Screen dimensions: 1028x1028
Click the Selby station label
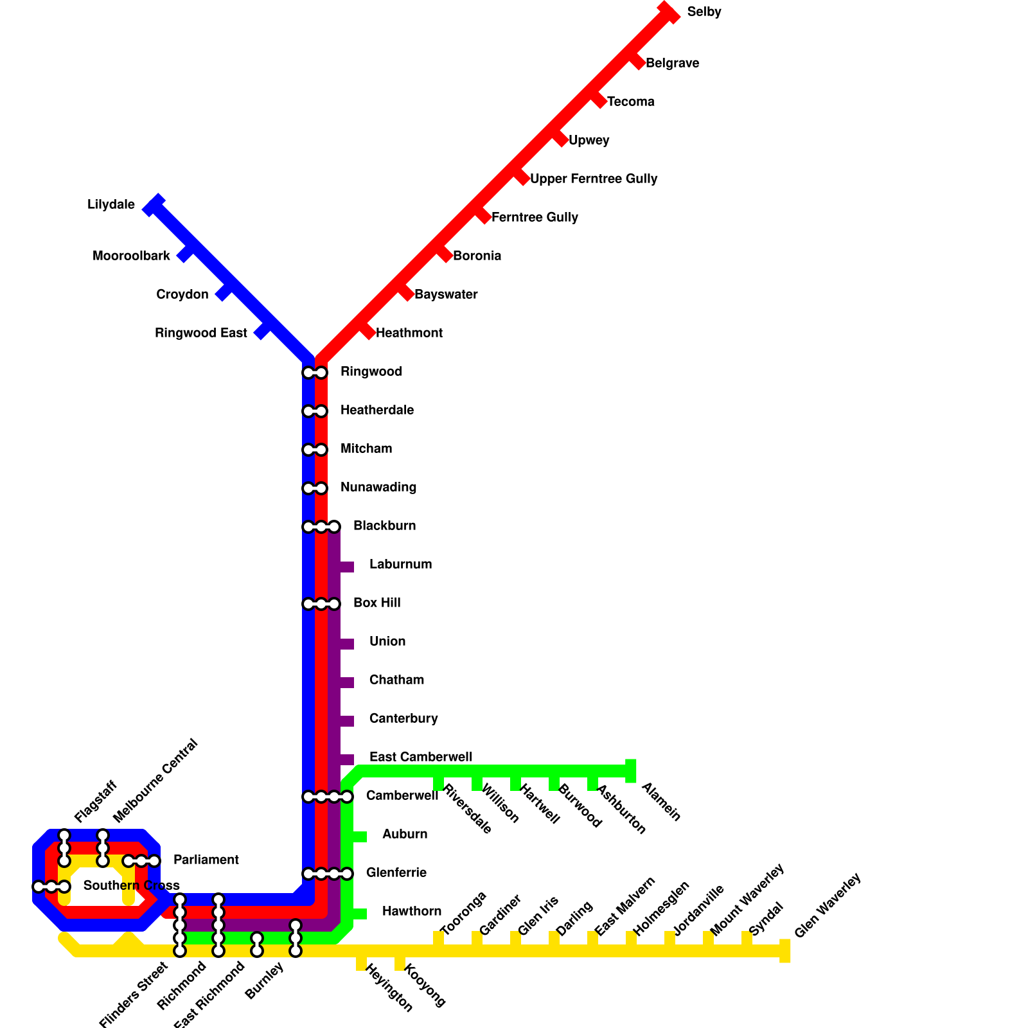pos(704,12)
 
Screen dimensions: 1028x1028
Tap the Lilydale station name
pos(111,205)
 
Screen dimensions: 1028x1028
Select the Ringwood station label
pos(371,372)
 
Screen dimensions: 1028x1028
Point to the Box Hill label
pos(377,603)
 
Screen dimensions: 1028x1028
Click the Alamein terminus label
pos(660,801)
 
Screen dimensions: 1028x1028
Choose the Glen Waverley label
pos(827,906)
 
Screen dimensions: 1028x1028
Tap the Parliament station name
pos(206,860)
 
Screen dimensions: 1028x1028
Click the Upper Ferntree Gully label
pos(593,179)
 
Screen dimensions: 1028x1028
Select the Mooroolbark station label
pos(131,256)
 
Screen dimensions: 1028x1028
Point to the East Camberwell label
pos(420,758)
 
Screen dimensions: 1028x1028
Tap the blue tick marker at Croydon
pos(223,293)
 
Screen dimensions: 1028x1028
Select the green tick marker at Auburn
pos(359,837)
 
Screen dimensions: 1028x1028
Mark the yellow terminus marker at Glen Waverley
pos(784,951)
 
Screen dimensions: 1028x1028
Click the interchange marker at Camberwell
pos(328,797)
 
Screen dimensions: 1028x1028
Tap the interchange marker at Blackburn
pos(321,527)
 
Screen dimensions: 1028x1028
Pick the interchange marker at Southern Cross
pos(51,887)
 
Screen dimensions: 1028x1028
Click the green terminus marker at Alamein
pos(631,771)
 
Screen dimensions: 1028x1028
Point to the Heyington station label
pos(389,989)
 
